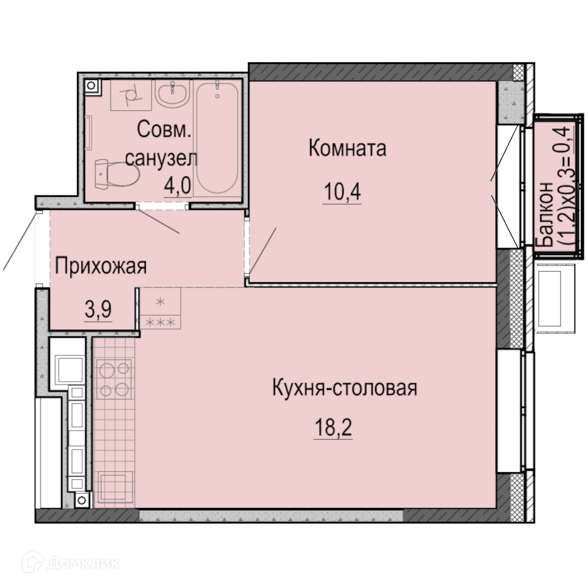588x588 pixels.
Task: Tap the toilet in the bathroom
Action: (116, 174)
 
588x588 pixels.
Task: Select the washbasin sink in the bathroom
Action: (173, 93)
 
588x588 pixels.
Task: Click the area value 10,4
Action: (342, 192)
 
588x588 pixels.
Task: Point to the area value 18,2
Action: (333, 427)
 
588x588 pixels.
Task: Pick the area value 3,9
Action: (98, 310)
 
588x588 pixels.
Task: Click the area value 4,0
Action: (178, 185)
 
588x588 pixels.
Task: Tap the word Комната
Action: (348, 148)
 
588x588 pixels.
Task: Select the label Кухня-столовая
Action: (345, 387)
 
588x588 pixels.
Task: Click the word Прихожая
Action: (101, 266)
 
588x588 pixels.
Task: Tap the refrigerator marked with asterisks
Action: (160, 308)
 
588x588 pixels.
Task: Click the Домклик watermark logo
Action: (71, 563)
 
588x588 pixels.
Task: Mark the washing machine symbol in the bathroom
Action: (131, 95)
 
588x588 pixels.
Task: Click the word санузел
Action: (161, 159)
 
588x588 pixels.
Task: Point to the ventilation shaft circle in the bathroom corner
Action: (91, 86)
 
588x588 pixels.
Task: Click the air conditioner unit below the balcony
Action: (556, 298)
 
